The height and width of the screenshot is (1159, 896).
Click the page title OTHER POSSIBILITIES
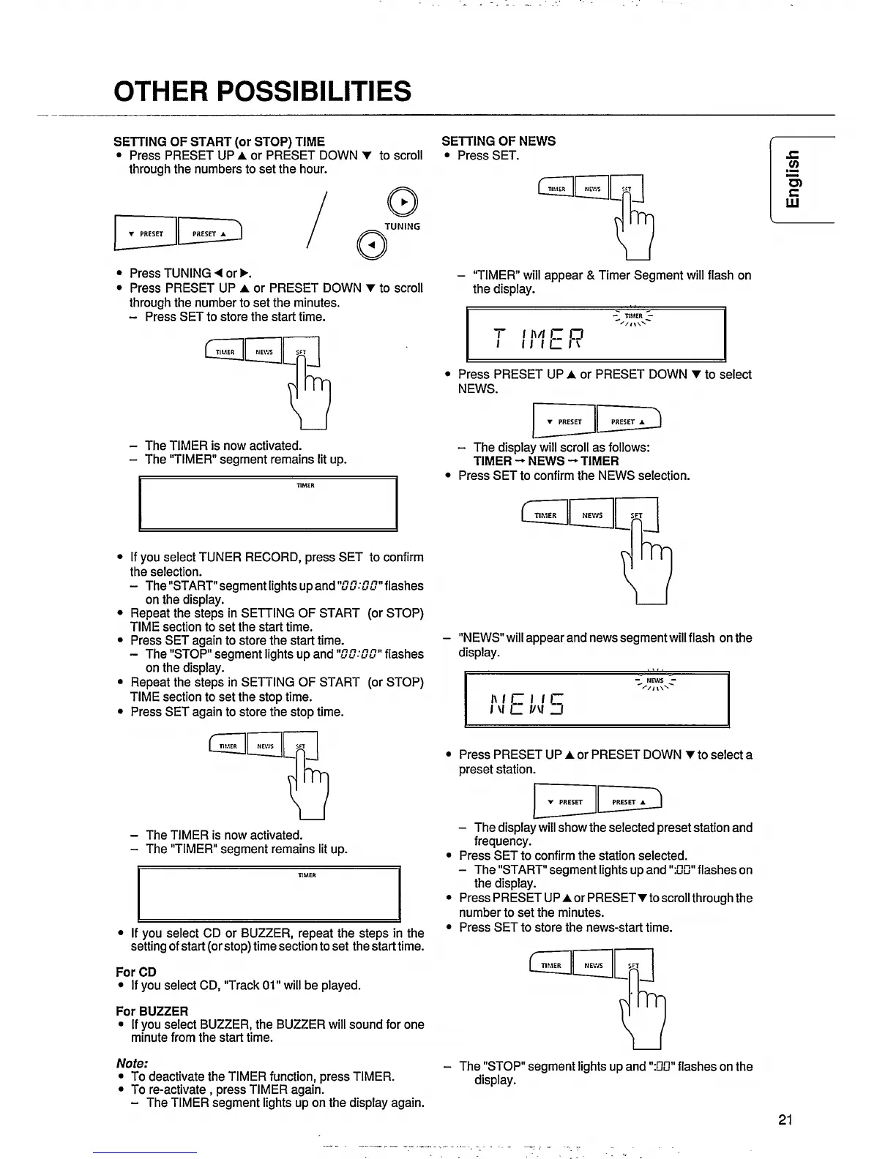262,91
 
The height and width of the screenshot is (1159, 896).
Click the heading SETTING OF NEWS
499,141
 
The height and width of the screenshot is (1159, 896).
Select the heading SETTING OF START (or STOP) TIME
219,141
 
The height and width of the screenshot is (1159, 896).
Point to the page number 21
785,1119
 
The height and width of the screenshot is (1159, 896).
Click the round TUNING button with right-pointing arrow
403,202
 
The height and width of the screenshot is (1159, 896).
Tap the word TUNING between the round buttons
403,226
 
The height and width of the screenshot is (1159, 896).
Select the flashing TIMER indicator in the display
633,316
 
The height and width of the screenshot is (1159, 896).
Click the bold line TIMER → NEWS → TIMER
546,461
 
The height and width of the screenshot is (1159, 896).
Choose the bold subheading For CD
136,972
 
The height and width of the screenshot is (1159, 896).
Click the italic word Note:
132,1063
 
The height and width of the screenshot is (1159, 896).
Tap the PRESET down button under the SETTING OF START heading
146,234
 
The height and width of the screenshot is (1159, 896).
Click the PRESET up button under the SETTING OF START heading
209,233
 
